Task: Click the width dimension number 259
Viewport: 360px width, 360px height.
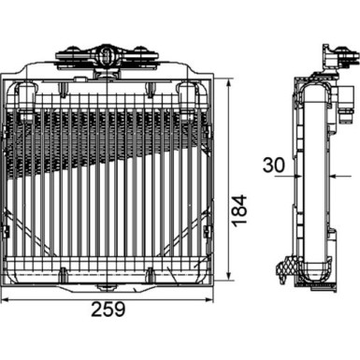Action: [x=111, y=310]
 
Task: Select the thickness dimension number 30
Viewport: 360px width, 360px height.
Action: [x=271, y=166]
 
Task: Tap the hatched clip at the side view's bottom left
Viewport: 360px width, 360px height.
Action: [x=282, y=268]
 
